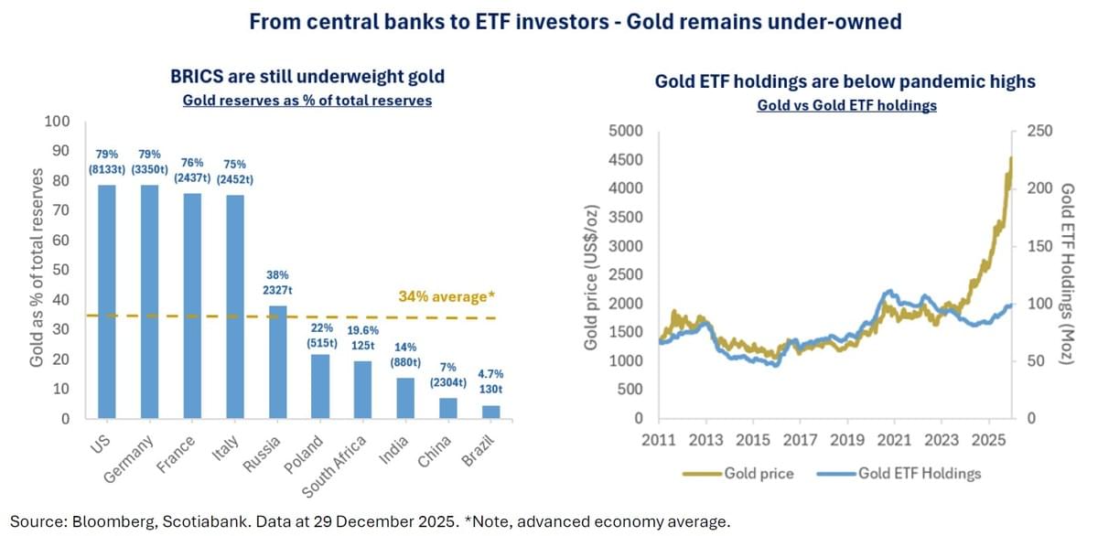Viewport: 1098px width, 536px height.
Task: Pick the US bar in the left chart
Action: (x=108, y=302)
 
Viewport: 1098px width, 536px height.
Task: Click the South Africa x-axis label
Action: (x=334, y=466)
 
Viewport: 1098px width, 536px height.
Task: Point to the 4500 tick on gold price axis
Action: (x=631, y=160)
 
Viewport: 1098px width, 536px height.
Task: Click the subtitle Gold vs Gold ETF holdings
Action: (x=846, y=105)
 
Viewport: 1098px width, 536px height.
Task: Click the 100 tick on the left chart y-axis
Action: (x=58, y=122)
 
